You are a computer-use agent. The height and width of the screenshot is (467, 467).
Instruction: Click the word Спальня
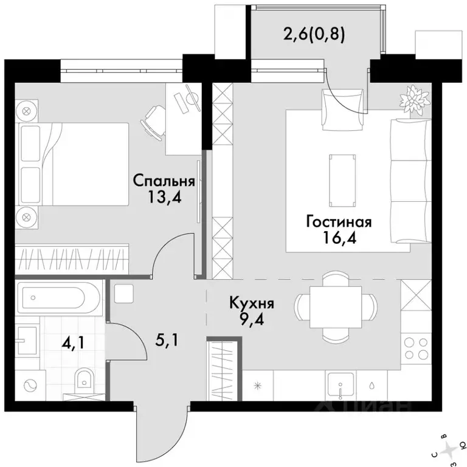[x=164, y=181]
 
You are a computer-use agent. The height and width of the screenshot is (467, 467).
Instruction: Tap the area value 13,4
[x=164, y=198]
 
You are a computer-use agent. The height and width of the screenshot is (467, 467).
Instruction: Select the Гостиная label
[x=339, y=222]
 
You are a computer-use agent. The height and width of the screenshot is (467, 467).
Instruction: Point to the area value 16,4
[x=339, y=238]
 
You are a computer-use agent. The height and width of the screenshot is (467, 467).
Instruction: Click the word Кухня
[x=252, y=303]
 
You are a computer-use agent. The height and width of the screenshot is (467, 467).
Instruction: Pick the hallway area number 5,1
[x=167, y=340]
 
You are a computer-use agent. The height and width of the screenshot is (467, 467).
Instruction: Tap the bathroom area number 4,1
[x=73, y=344]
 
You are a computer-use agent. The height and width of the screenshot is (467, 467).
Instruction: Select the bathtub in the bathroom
[x=58, y=298]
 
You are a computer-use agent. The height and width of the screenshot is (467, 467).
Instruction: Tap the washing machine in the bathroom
[x=30, y=386]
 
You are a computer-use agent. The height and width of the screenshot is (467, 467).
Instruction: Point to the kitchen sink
[x=341, y=386]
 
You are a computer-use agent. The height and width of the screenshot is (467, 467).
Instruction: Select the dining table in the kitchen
[x=336, y=306]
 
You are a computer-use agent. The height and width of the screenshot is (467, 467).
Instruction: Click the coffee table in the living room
[x=342, y=181]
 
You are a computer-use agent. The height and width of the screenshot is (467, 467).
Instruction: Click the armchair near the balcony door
[x=343, y=109]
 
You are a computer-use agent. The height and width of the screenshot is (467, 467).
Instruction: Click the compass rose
[x=449, y=452]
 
